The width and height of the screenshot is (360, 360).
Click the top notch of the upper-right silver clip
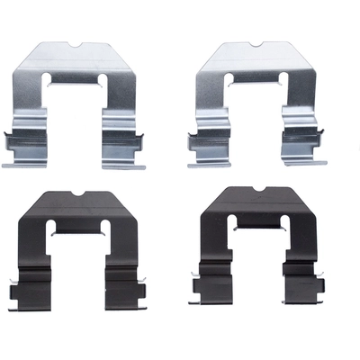click(x=259, y=45)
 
